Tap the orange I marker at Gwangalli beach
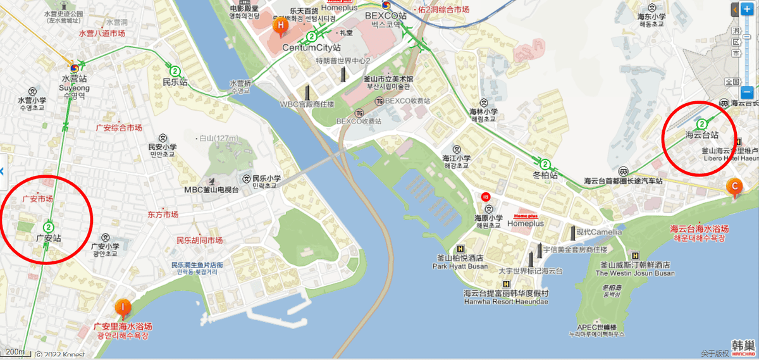coord(123,307)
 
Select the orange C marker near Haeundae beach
coord(734,187)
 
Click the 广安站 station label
coord(48,239)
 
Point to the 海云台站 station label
coord(702,135)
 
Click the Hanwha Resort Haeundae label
coord(506,301)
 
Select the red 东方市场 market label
coord(163,214)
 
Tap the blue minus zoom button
coord(747,90)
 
